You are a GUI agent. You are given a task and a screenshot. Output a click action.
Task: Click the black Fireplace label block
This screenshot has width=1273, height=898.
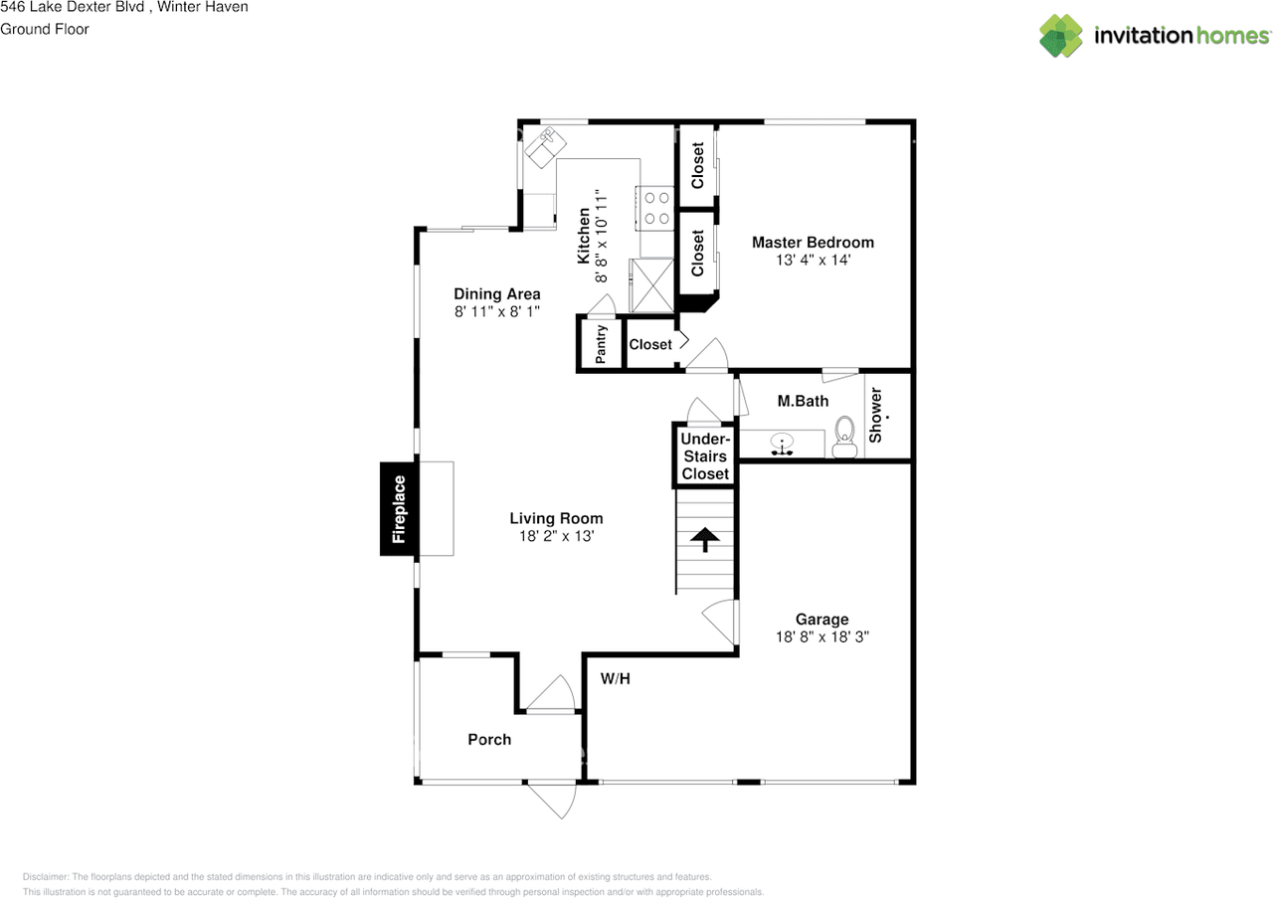click(x=399, y=508)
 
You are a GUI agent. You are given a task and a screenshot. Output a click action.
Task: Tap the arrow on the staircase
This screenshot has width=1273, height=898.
click(x=705, y=539)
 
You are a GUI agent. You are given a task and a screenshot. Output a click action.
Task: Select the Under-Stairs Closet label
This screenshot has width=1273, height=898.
click(x=705, y=456)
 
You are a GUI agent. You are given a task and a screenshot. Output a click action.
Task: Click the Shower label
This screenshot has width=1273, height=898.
click(x=876, y=415)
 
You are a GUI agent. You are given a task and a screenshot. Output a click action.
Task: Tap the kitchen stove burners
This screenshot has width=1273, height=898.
click(x=656, y=208)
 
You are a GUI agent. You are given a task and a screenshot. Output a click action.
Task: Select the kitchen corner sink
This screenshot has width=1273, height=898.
click(x=544, y=146)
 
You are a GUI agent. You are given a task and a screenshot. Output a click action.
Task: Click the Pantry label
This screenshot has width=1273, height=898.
click(x=601, y=344)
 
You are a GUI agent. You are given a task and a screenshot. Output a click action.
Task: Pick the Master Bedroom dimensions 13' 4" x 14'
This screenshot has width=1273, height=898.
click(x=813, y=261)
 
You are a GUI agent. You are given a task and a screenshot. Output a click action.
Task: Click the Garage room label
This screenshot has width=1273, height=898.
click(x=821, y=619)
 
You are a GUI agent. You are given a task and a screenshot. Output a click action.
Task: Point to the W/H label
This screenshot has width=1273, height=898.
click(x=616, y=679)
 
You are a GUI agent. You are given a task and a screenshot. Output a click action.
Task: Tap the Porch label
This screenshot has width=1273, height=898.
click(x=489, y=739)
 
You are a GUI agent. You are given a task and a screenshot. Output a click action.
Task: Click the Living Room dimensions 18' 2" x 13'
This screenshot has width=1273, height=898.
click(x=556, y=536)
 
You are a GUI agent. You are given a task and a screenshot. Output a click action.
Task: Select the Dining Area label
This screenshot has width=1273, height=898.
click(x=497, y=293)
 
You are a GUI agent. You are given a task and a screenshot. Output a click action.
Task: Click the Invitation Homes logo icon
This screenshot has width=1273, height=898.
click(x=1061, y=36)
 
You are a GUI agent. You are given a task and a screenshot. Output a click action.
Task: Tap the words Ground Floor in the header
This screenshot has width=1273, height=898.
click(x=45, y=29)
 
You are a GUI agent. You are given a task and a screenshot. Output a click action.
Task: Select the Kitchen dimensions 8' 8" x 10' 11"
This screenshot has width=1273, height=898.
click(x=601, y=236)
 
